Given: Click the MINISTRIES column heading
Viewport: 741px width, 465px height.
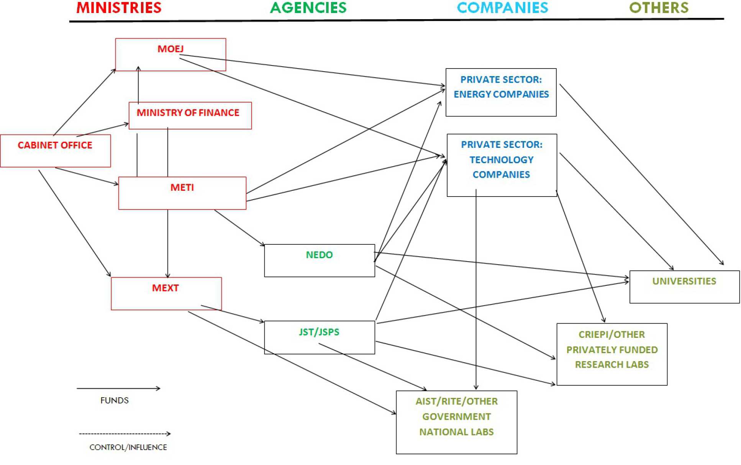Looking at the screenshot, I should [119, 8].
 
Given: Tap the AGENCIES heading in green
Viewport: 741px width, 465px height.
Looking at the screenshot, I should [308, 8].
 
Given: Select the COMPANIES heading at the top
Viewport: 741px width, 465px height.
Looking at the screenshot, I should [502, 8].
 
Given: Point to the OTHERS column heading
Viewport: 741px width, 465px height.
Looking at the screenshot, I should [659, 8].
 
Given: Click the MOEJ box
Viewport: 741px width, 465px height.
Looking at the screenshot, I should [170, 54].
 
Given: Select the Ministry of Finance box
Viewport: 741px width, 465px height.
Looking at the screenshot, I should [190, 115].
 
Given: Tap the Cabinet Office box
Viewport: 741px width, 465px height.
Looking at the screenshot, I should [55, 151].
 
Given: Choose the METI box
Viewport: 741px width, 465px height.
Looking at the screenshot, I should [182, 193].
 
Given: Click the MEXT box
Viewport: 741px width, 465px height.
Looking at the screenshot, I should [166, 293].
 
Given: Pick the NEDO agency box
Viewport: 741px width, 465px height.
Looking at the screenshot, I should [319, 260].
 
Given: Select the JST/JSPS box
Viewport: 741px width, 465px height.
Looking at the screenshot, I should [319, 337].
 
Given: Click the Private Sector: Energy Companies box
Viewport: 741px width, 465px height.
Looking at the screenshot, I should [501, 92].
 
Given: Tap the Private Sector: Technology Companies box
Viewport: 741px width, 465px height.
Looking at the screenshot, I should [502, 165].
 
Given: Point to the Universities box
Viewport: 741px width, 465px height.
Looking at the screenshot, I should [684, 287].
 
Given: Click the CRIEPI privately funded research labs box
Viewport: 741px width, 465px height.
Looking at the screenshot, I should [611, 354].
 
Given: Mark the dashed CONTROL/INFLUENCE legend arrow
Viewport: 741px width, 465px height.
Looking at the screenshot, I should [125, 434].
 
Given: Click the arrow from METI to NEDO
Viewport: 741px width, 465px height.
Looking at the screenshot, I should [239, 228].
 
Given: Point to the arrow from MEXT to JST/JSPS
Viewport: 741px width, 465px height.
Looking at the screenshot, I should [233, 313].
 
